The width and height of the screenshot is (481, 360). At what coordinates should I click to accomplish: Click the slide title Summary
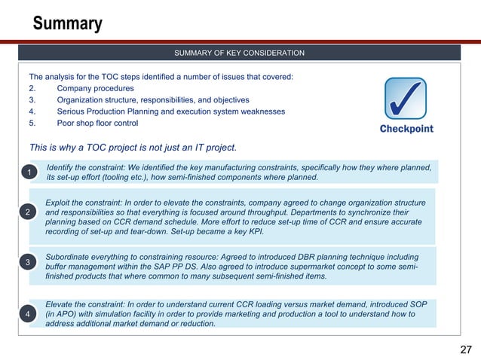[67, 24]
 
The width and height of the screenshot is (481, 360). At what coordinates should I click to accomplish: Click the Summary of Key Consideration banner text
[239, 53]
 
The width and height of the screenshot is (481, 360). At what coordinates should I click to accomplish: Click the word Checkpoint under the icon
[406, 129]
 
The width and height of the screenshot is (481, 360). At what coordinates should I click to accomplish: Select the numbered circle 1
[29, 172]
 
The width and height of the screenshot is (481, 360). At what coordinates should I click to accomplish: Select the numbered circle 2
[29, 213]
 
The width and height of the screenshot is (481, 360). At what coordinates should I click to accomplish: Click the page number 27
[465, 349]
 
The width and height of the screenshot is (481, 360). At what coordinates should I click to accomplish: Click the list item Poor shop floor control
[97, 123]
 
